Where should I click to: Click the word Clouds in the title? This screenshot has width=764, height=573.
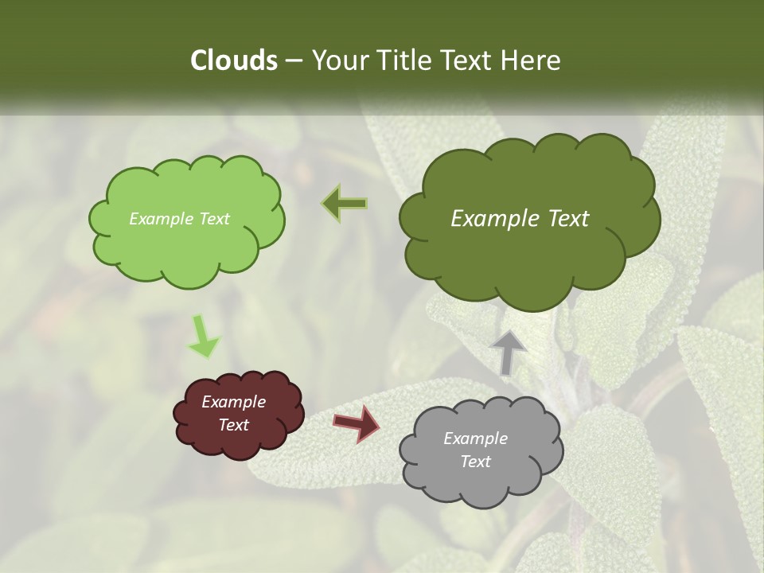coord(233,60)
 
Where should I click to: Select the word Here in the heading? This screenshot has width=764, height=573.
coord(534,60)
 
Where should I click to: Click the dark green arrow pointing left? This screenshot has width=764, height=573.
coord(345,203)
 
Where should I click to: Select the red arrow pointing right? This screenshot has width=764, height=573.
coord(357,423)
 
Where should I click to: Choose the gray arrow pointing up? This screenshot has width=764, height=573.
coord(508,351)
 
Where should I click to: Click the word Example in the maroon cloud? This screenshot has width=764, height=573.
coord(233,402)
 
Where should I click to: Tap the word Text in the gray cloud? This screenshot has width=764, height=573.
coord(475,462)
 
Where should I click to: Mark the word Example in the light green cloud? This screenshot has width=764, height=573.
coord(161,219)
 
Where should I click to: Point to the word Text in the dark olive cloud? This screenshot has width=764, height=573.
coord(563,219)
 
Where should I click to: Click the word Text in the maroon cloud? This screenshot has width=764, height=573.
coord(233,425)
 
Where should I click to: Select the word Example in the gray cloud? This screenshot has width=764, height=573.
coord(475,439)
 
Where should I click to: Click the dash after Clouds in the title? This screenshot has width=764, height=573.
coord(293,60)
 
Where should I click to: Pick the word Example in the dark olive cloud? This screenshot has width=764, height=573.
coord(489,219)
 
